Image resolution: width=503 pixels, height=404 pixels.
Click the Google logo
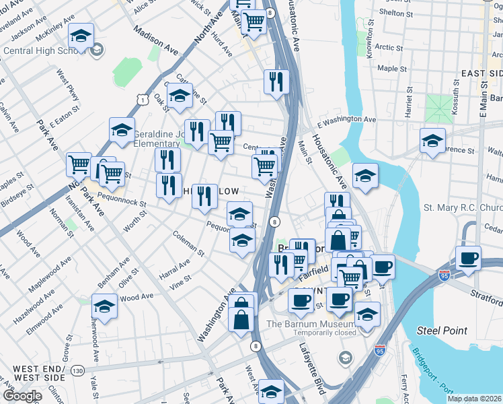point(22,395)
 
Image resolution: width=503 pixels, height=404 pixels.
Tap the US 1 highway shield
point(143,100)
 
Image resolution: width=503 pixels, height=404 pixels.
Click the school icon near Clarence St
point(432,141)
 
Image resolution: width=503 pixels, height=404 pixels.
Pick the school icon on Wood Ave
point(104,307)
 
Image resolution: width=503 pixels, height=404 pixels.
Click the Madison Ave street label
point(155,41)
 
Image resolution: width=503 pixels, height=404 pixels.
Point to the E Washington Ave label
point(346,119)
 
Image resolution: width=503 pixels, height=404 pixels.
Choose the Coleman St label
point(188,244)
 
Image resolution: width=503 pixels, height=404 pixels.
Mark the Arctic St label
point(389,48)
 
